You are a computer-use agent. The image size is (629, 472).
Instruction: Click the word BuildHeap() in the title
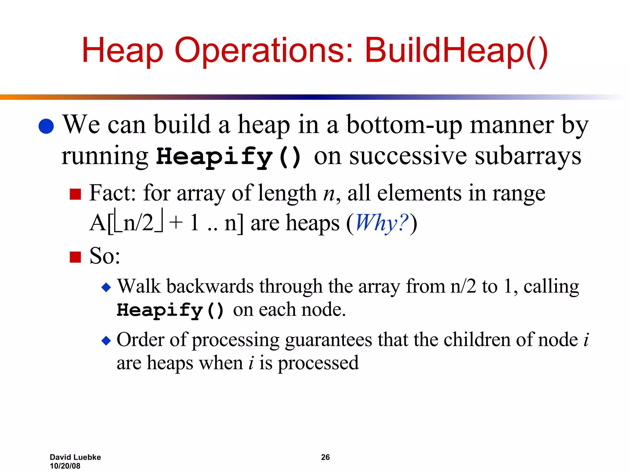pos(456,51)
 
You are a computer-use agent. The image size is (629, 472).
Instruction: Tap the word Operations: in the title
pos(264,51)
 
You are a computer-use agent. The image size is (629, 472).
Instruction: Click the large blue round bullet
pos(46,126)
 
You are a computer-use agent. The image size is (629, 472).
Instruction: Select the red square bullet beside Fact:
pos(75,194)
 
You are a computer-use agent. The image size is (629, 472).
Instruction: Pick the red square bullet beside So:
pos(75,257)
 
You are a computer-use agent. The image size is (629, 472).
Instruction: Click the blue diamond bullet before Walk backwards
pos(106,288)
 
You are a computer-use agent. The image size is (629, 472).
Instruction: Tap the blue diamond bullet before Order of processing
pos(106,340)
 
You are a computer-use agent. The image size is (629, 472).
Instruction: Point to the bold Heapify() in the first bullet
pos(229,157)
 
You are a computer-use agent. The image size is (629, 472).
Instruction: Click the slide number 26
pos(325,457)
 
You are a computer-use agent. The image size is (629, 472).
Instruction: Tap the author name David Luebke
pos(75,457)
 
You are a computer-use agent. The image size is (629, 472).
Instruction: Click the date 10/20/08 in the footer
pos(65,466)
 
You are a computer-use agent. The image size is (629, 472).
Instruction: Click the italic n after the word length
pos(329,194)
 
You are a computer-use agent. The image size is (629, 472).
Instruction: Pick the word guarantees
pos(328,340)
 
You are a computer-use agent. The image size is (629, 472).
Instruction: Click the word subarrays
pos(528,156)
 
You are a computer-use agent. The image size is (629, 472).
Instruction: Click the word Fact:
pos(112,193)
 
